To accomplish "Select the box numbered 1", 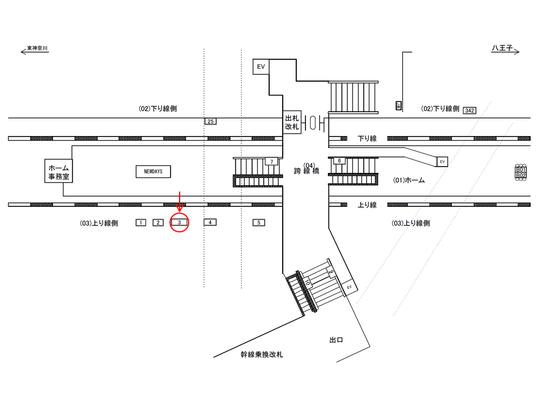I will click(x=141, y=223).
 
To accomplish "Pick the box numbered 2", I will click(x=157, y=223).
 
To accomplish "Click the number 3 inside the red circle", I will click(x=179, y=223).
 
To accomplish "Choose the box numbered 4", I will click(x=210, y=223).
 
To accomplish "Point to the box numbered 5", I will click(x=258, y=223).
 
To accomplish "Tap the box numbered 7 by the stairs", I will click(x=272, y=162).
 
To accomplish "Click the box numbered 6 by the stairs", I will click(x=339, y=161).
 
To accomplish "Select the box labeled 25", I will click(x=210, y=121).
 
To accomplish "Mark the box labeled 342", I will click(x=469, y=110).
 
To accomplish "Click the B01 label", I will click(x=520, y=169).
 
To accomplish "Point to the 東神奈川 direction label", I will click(x=38, y=49).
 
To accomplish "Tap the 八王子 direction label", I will click(x=501, y=49).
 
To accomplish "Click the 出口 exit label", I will click(x=337, y=340).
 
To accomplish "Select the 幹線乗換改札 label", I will click(x=261, y=355).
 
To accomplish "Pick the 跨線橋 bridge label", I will click(x=306, y=171).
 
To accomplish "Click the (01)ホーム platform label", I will click(x=409, y=180).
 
